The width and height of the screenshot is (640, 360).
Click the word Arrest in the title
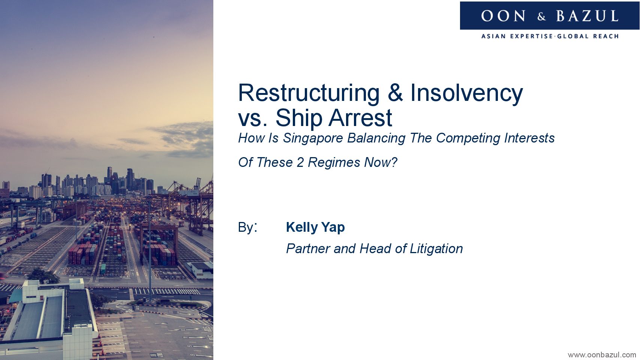pyautogui.click(x=360, y=118)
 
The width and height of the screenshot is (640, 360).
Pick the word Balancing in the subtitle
pyautogui.click(x=376, y=139)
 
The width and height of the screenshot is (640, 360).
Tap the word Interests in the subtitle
pyautogui.click(x=529, y=138)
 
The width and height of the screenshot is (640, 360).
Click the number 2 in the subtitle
pyautogui.click(x=300, y=163)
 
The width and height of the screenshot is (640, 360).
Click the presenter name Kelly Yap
pyautogui.click(x=315, y=228)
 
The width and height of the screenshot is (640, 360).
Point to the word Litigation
pyautogui.click(x=436, y=249)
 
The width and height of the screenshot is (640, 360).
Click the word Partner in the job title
pyautogui.click(x=308, y=249)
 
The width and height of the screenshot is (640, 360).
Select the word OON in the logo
pyautogui.click(x=503, y=16)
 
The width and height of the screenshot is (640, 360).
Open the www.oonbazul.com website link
pyautogui.click(x=602, y=355)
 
